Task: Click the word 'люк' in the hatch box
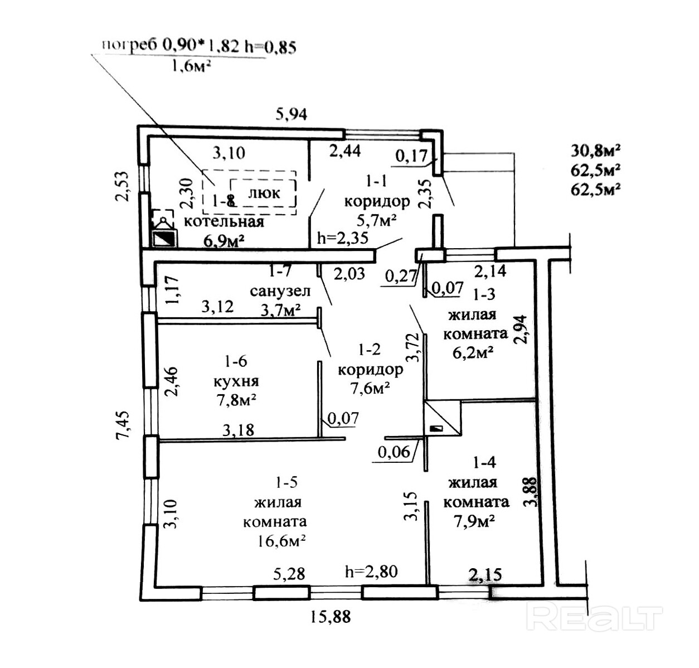(x=263, y=193)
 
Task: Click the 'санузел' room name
(x=280, y=291)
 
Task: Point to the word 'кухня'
(x=236, y=381)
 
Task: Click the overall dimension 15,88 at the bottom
(x=331, y=617)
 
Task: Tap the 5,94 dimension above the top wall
(x=292, y=114)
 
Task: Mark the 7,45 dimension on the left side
(x=124, y=425)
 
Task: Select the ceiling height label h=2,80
(x=371, y=572)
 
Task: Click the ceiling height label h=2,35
(x=342, y=238)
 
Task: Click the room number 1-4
(x=484, y=462)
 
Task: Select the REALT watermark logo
(x=595, y=617)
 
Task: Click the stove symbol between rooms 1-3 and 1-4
(x=442, y=417)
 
